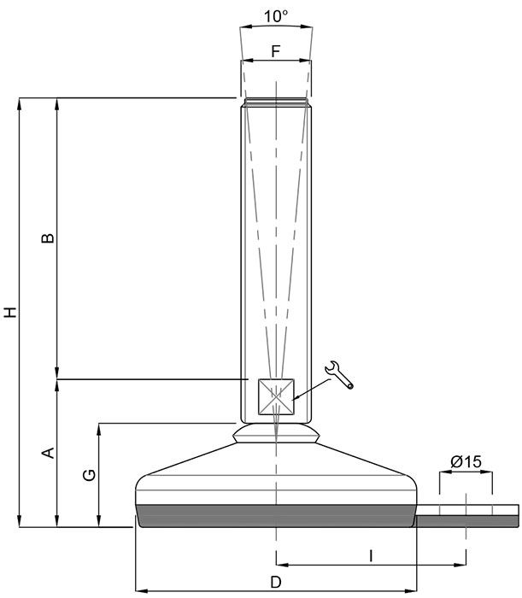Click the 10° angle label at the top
coord(275,16)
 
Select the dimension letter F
coord(275,51)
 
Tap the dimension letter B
coord(49,237)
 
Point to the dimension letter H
coord(9,312)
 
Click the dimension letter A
coord(49,452)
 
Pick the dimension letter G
coord(89,475)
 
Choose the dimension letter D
coord(275,582)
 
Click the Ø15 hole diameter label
coord(466,461)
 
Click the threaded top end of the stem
coord(276,103)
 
